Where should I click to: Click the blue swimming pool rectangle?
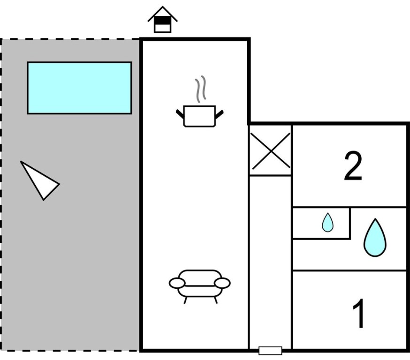[x=79, y=88]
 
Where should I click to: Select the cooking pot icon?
[x=199, y=116]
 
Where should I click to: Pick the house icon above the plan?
[x=162, y=20]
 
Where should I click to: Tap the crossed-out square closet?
[x=270, y=150]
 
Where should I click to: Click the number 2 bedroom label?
[x=353, y=166]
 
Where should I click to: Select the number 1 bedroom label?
[x=359, y=314]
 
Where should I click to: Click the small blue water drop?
[x=327, y=223]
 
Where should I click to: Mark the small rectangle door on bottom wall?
[x=270, y=350]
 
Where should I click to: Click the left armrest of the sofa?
[x=177, y=283]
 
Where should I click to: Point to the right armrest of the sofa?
[x=222, y=283]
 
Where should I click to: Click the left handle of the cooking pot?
[x=180, y=113]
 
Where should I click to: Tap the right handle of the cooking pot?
[x=219, y=113]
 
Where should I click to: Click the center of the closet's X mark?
[x=270, y=150]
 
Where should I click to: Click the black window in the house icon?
[x=162, y=21]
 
